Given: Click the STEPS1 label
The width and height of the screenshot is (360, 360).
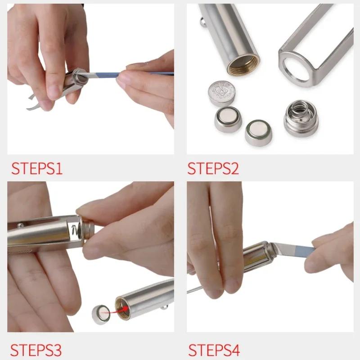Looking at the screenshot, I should click(x=37, y=168).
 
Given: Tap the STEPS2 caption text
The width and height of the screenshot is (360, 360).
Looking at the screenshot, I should click(x=213, y=168).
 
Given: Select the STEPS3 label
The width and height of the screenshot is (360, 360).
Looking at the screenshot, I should click(x=36, y=349).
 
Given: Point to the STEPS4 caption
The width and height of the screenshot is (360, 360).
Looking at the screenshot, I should click(x=214, y=349).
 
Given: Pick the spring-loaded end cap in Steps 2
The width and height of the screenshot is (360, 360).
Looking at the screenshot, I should click(x=301, y=118).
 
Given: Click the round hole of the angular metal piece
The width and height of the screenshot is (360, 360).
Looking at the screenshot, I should click(x=297, y=65).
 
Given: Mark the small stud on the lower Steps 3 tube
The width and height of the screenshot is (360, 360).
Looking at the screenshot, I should click(x=165, y=307).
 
